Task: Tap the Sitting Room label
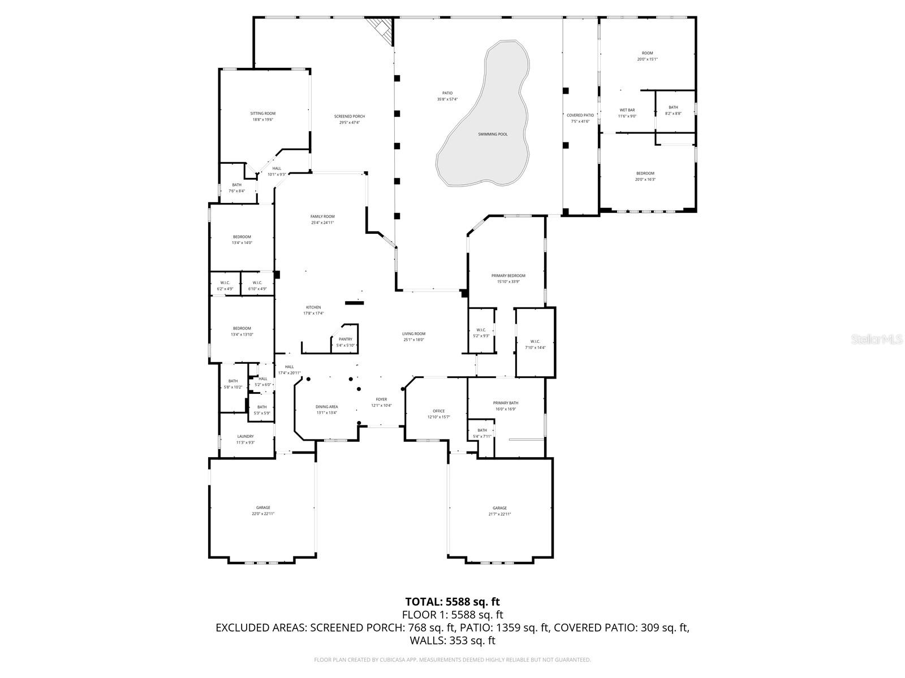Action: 262,114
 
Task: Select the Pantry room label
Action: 345,340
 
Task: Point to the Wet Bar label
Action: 627,110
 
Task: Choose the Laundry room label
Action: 245,436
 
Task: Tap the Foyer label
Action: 381,399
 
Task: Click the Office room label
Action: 438,411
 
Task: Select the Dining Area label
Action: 326,407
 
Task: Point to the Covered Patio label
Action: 580,115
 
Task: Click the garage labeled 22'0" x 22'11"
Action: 262,508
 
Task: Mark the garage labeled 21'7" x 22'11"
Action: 499,508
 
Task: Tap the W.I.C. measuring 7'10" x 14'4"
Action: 535,341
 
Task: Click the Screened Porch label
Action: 349,116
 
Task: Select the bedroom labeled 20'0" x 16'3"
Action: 645,173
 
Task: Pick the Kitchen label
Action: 313,307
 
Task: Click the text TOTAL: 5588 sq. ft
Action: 453,602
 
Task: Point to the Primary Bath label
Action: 505,403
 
